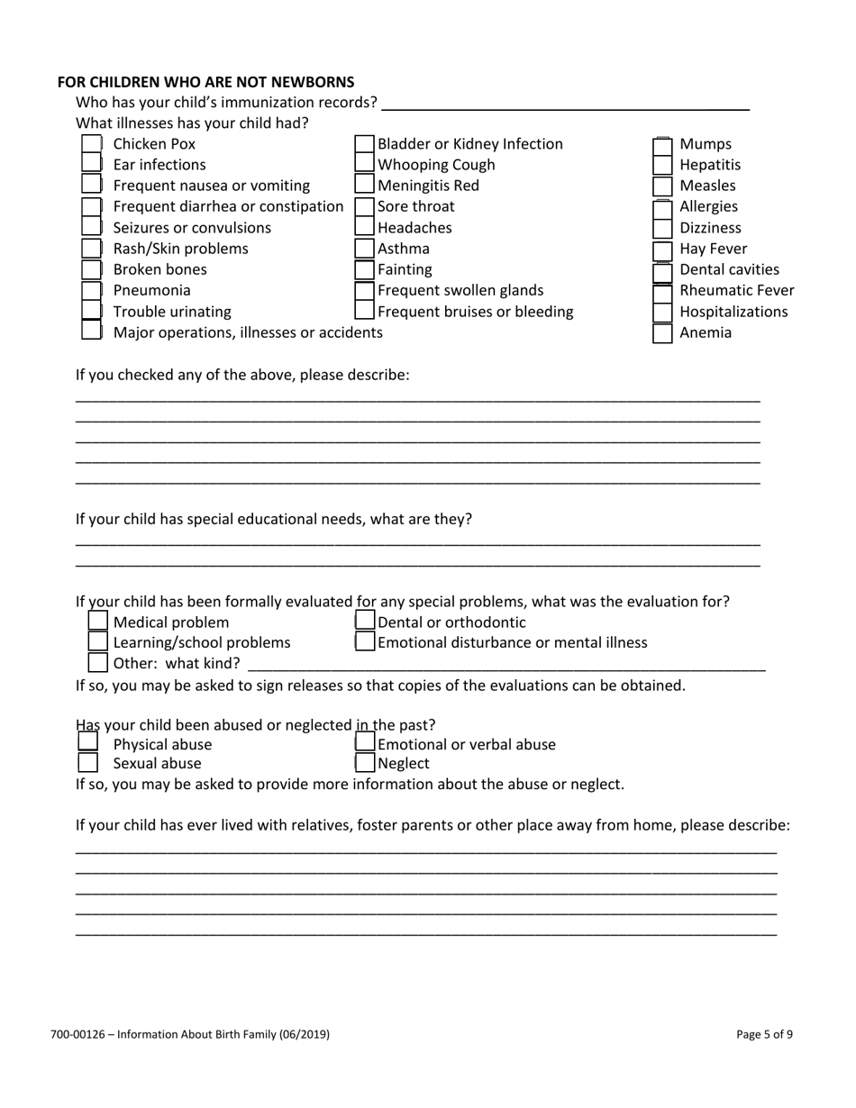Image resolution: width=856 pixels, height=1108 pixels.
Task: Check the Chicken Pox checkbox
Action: coord(92,144)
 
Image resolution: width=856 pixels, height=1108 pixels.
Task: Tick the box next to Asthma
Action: coord(365,249)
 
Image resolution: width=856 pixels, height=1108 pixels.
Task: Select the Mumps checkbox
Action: coord(662,144)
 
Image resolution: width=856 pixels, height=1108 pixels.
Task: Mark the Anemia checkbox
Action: coord(662,333)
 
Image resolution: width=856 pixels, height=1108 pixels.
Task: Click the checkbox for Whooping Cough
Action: coord(365,165)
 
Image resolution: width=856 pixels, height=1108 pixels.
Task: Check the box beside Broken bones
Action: coord(92,269)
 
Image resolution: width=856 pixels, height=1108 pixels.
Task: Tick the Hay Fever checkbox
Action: coord(662,250)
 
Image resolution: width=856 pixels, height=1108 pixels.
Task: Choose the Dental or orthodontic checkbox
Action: coord(365,622)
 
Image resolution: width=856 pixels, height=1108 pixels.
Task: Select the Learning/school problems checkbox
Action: coord(98,642)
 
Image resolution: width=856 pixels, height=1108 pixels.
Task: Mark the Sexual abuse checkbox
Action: coord(87,763)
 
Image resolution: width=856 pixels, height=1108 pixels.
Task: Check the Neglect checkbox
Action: coord(365,763)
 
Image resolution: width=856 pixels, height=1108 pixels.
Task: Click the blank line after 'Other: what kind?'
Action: coord(505,664)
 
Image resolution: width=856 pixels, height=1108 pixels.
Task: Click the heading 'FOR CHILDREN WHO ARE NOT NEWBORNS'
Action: coord(205,82)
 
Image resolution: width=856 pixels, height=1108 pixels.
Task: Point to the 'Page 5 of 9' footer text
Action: coord(764,1034)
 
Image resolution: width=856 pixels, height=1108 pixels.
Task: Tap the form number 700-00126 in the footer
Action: coord(86,1034)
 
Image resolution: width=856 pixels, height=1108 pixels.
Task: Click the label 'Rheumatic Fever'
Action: coord(736,291)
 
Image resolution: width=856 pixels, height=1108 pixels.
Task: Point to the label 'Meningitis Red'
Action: coord(428,186)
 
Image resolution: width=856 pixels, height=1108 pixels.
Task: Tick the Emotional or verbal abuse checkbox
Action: coord(365,743)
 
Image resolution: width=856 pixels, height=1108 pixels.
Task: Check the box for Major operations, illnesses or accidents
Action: coord(92,331)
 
